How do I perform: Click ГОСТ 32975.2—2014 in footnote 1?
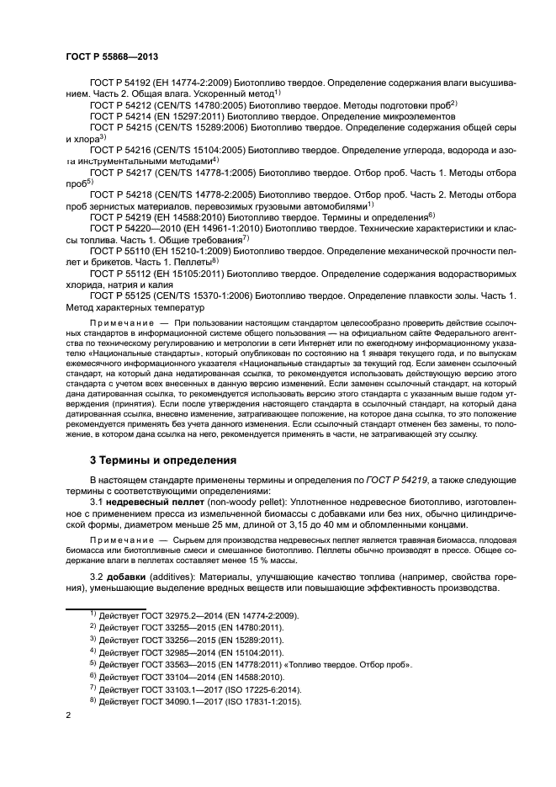[x=182, y=616]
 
